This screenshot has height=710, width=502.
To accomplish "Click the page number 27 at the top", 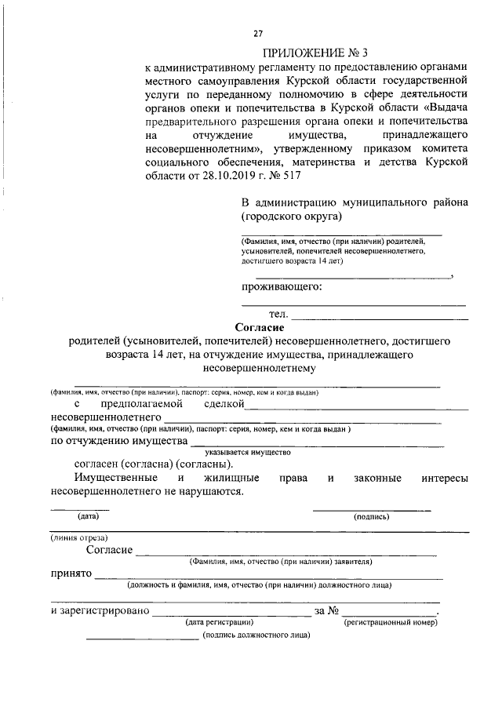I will (x=257, y=33).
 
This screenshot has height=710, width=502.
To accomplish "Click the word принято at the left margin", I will (x=71, y=574).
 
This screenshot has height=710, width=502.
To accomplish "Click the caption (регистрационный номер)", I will (x=391, y=621).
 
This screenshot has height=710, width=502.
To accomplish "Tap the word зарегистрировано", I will (x=103, y=610).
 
